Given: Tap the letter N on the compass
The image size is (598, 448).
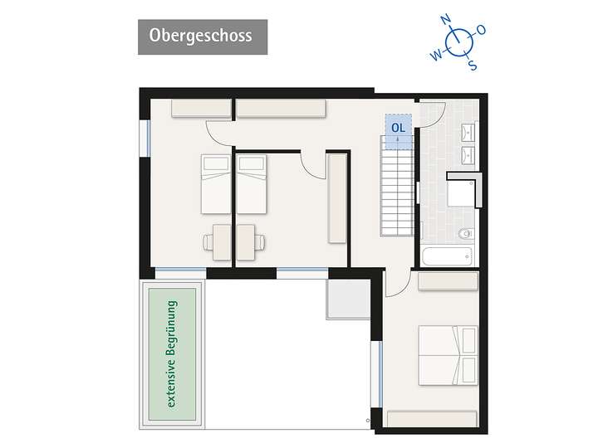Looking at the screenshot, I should (444, 19).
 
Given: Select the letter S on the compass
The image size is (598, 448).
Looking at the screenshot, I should (472, 66).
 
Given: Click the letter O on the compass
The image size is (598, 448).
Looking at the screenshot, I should (482, 30).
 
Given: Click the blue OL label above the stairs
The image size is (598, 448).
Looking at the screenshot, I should (398, 127).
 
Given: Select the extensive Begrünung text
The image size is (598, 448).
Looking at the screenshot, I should (173, 353).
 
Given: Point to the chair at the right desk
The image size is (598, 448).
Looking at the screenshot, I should (261, 242).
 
